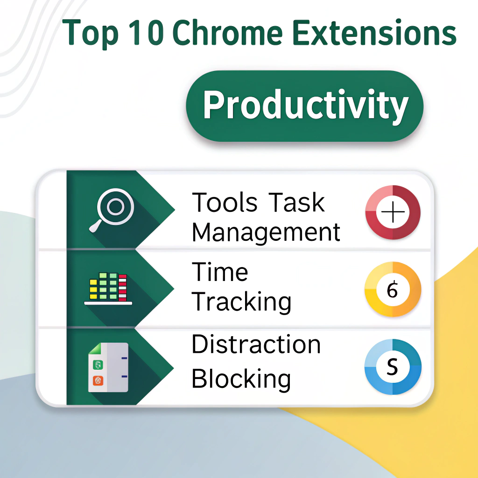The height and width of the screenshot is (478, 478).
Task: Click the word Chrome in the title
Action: pos(228,33)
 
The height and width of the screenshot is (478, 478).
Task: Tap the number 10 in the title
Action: pos(146,33)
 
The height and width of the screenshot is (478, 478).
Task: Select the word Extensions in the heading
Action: pos(374,32)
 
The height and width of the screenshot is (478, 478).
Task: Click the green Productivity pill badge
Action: pos(304,106)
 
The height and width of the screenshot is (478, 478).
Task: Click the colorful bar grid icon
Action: pos(108,288)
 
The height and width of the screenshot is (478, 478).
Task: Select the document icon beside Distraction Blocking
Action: pos(108,367)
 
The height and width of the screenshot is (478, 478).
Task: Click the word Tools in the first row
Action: pos(225,203)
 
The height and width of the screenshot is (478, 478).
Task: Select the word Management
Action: pos(266,232)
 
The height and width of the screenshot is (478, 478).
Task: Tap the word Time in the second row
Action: pos(220,272)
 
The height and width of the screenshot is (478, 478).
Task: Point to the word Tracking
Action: pos(241,302)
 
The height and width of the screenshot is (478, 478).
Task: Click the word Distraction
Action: pos(256,344)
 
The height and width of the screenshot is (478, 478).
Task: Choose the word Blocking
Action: pos(241,379)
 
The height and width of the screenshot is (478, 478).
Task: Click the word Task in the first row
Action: pos(296,203)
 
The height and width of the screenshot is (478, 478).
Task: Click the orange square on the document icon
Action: pos(98,380)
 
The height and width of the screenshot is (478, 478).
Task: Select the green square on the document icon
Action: pos(98,365)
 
